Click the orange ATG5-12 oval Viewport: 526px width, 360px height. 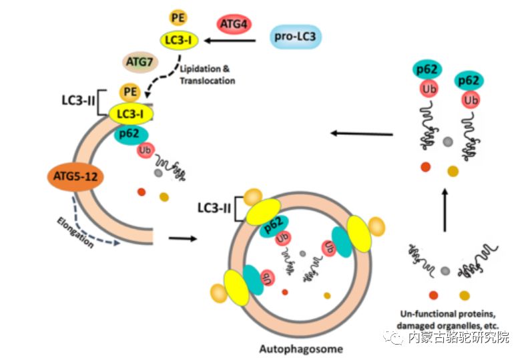tap(73, 177)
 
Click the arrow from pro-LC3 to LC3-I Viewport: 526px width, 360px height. tap(230, 41)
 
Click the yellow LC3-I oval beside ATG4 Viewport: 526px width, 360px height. tap(179, 41)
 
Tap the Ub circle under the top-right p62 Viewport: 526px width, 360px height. tap(471, 100)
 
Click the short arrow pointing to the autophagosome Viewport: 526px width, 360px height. tap(183, 237)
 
